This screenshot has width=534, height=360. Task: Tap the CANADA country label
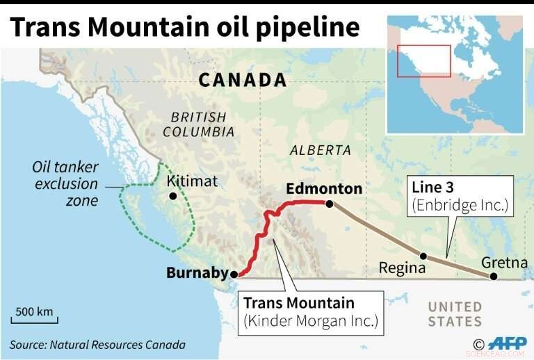(x=243, y=80)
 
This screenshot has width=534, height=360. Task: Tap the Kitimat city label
(x=193, y=181)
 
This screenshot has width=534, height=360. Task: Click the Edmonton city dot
(x=330, y=204)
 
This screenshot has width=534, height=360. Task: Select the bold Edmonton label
(x=324, y=188)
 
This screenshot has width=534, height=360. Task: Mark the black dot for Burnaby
(x=234, y=274)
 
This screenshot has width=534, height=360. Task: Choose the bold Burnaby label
(x=197, y=273)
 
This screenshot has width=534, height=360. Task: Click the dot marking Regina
(x=422, y=255)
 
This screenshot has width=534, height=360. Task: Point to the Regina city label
(x=402, y=268)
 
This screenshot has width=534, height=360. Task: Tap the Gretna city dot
(x=493, y=276)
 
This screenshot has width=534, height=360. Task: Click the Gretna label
(x=504, y=263)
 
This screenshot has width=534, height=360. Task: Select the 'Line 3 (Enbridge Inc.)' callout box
(x=460, y=195)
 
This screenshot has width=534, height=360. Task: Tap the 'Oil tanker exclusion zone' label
(x=66, y=184)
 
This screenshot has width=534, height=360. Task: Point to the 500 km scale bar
(x=35, y=317)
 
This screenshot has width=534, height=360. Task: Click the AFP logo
(x=506, y=343)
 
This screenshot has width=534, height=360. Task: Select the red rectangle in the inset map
(x=423, y=60)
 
